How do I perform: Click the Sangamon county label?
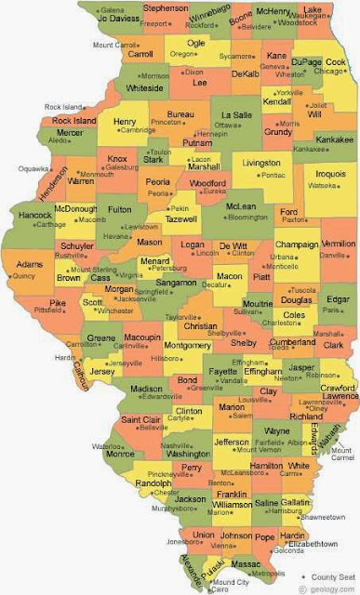tap(176, 282)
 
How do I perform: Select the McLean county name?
tap(242, 206)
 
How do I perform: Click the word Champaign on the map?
tap(297, 245)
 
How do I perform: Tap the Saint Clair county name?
tap(143, 420)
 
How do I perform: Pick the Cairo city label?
tap(222, 589)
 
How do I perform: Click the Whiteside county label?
tap(144, 88)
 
